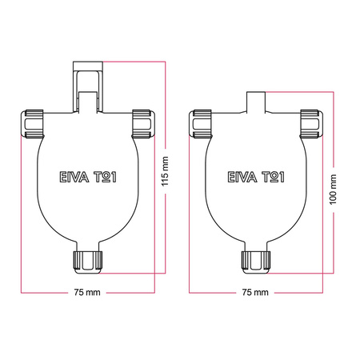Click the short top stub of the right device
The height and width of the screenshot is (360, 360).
point(256,100)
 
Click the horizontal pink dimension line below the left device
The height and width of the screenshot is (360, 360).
point(48,292)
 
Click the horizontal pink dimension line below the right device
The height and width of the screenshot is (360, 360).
point(216,292)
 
